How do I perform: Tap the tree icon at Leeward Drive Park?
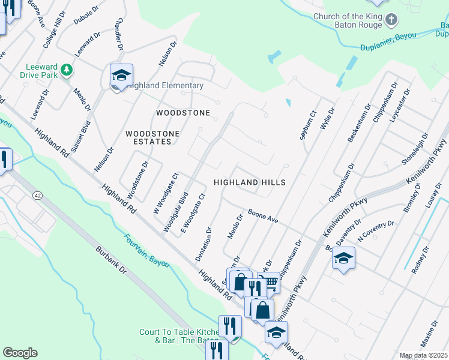(67, 70)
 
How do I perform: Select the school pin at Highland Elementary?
(121, 76)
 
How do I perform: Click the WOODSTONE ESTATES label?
(148, 137)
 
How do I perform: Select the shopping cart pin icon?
(270, 283)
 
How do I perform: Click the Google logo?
(20, 353)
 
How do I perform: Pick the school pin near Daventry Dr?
(343, 258)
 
